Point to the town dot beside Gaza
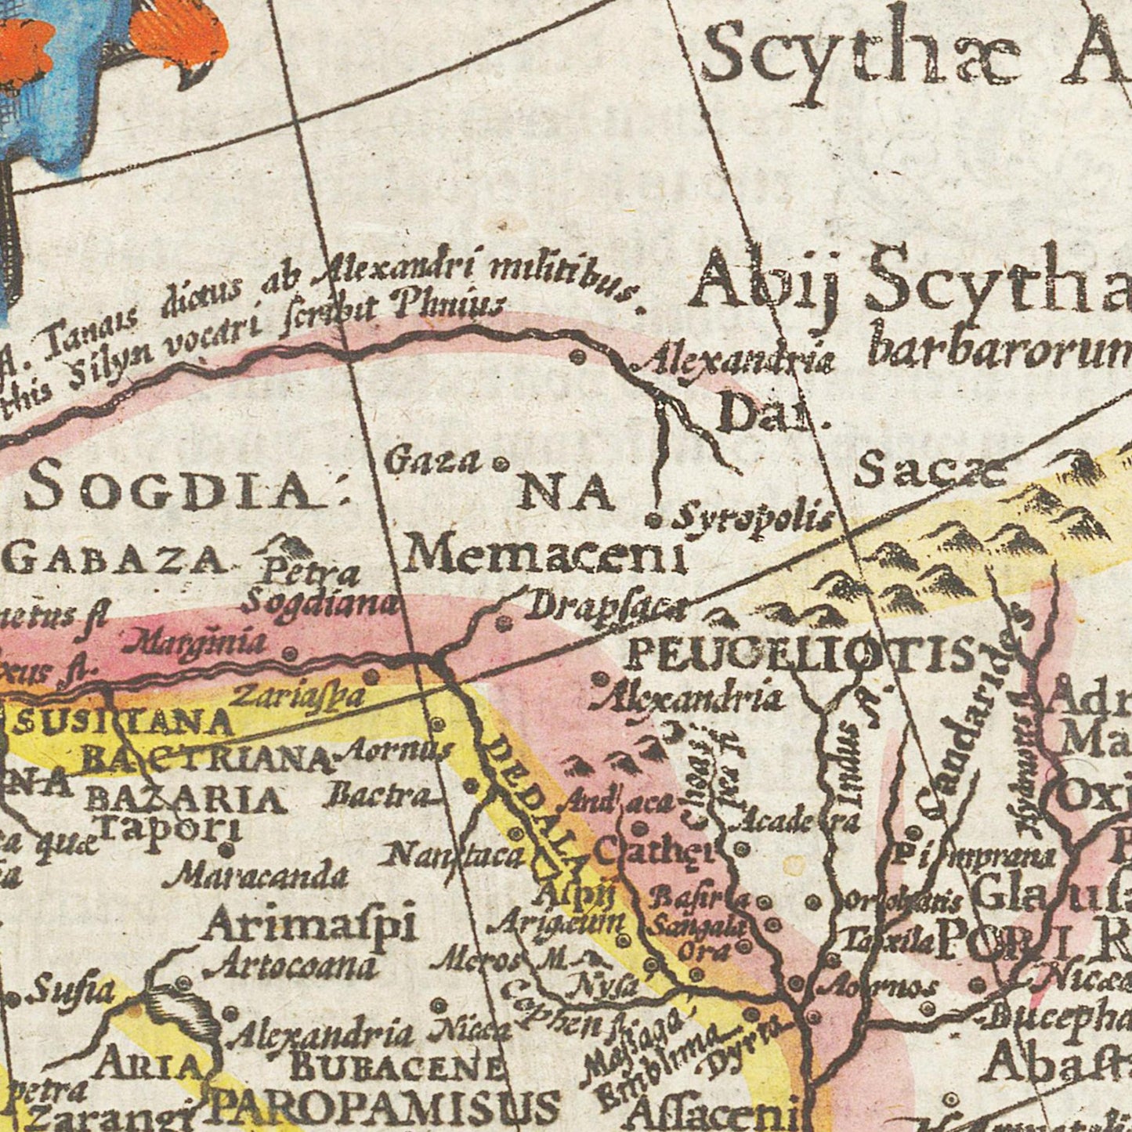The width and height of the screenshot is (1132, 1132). tap(498, 465)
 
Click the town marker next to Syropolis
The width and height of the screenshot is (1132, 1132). tap(655, 519)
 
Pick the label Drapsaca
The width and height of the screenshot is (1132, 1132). tap(605, 607)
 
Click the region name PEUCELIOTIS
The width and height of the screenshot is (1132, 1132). tap(804, 654)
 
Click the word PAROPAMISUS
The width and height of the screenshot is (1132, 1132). tap(384, 1108)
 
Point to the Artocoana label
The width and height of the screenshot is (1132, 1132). tap(290, 967)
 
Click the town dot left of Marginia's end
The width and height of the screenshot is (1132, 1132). tap(291, 652)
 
